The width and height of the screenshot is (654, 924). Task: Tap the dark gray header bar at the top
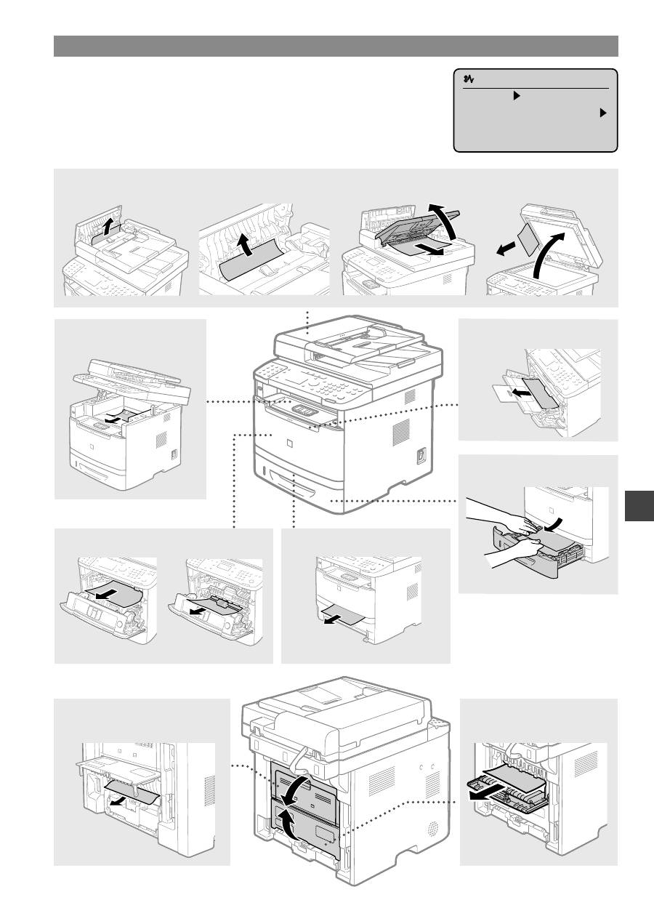pos(336,46)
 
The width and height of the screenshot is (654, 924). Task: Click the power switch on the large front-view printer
pos(421,455)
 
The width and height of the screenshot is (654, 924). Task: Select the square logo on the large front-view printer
pos(290,441)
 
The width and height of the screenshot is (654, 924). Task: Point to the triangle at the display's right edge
pos(602,114)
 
